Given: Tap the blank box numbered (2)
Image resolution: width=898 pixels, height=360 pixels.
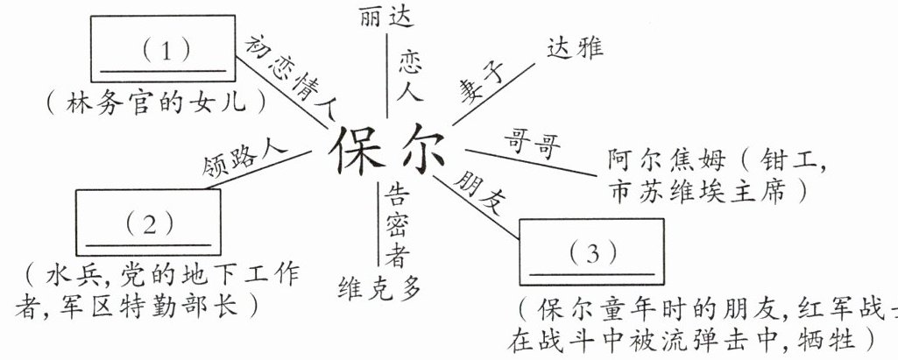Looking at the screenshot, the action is point(147,222).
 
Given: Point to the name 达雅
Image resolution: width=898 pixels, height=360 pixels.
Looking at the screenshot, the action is point(575,47).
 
